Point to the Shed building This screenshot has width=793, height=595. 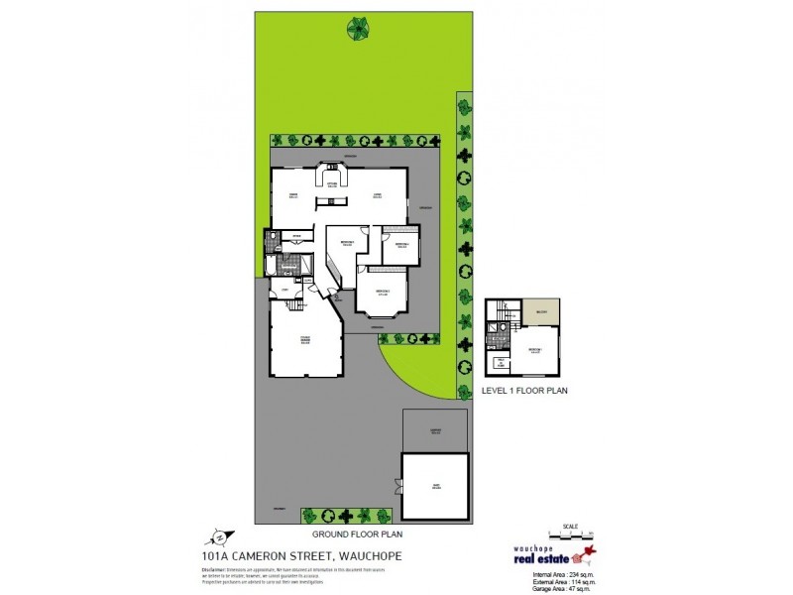(434, 486)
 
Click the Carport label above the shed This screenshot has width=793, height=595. (434, 430)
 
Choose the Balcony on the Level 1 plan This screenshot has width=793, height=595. (541, 311)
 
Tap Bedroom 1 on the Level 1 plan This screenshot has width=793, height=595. (535, 350)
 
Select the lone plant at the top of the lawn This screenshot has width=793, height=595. (357, 29)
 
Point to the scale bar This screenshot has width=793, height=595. (569, 533)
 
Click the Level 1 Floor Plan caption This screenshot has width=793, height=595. (523, 391)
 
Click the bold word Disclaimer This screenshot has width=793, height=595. (217, 569)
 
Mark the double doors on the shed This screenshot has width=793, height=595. (399, 486)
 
